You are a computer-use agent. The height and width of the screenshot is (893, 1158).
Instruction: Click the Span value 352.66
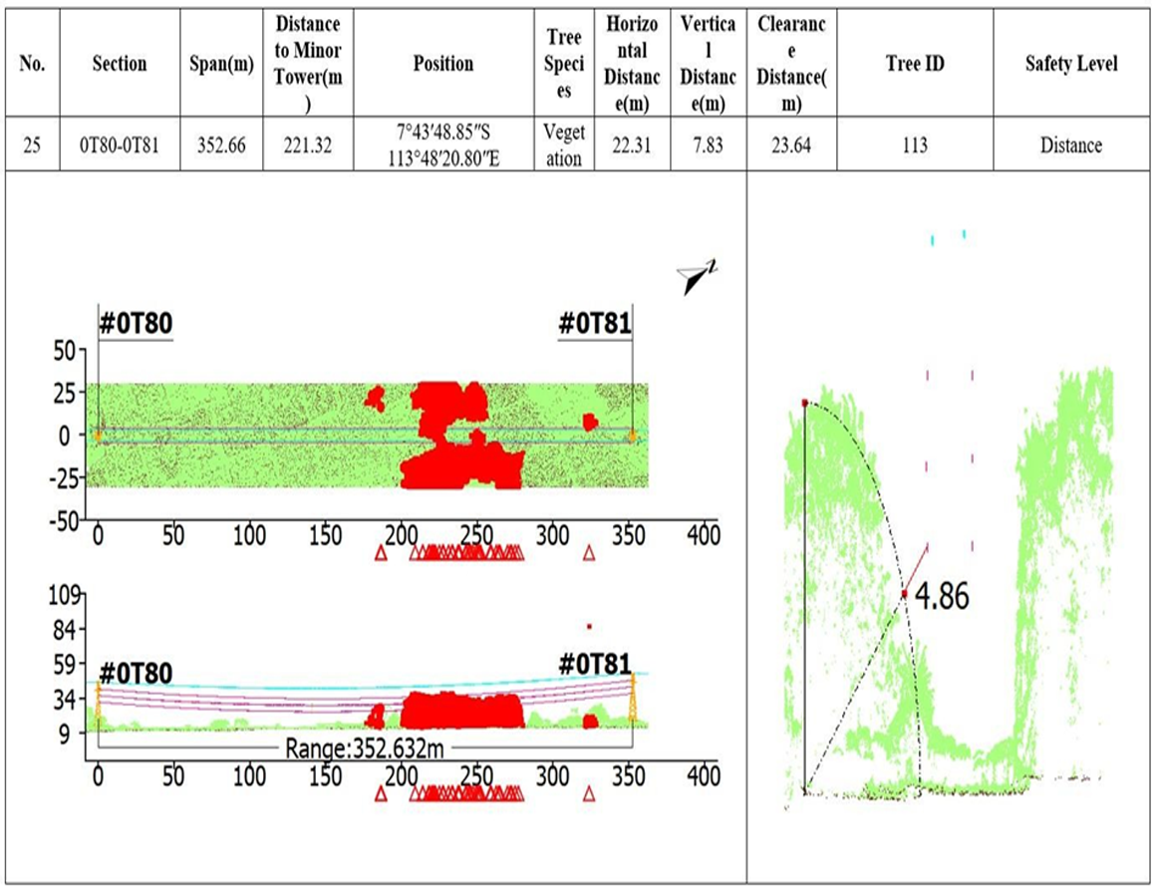click(x=220, y=146)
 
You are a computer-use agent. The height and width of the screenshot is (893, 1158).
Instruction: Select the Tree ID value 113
click(x=914, y=146)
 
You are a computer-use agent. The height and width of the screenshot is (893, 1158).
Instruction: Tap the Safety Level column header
click(x=1070, y=64)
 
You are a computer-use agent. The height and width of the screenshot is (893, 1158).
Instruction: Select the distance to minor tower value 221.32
click(x=307, y=146)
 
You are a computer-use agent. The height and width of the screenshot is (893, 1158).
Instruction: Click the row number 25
click(x=32, y=146)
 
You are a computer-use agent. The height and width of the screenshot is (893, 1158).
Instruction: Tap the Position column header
click(x=443, y=64)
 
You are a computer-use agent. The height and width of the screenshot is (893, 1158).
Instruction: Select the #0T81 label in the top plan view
click(x=594, y=324)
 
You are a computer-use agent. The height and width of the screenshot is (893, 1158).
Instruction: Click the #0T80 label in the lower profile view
click(x=136, y=674)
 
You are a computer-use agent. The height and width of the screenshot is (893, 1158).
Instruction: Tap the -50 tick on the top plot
click(x=66, y=519)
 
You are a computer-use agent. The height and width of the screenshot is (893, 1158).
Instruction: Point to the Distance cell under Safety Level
click(x=1070, y=146)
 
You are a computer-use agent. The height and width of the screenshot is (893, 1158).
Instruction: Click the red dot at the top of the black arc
click(x=804, y=403)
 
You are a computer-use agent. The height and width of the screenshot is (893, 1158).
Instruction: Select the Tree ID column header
click(x=914, y=64)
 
